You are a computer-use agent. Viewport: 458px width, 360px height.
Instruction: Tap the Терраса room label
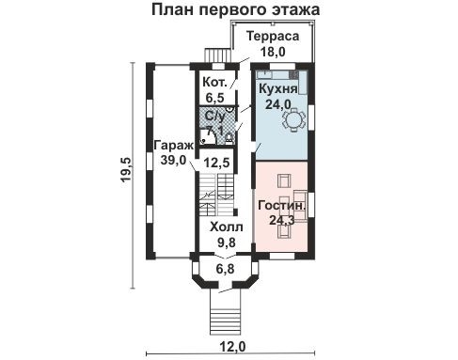point(273,36)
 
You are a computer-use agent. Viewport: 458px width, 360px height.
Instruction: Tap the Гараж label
point(173,146)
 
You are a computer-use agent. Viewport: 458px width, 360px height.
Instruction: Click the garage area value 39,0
point(173,162)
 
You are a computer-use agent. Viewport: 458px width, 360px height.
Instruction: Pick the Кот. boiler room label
point(213,82)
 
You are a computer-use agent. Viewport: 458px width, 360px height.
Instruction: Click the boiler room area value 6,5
point(213,97)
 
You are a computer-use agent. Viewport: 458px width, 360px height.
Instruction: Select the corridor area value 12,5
point(218,163)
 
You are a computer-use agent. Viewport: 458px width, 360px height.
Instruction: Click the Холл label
point(226,227)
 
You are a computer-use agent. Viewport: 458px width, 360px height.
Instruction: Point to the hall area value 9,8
point(226,242)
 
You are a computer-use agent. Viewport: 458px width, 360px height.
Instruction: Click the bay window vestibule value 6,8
point(226,270)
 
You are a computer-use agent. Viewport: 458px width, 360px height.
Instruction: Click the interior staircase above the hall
point(215,200)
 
